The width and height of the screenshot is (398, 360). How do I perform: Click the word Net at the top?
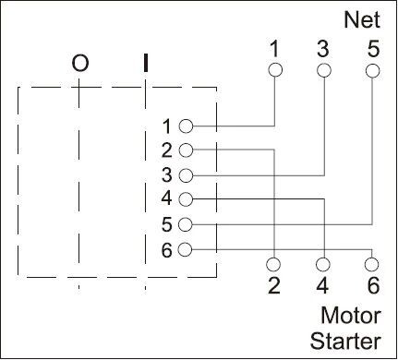point(361,18)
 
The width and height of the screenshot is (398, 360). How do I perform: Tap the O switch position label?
point(80,64)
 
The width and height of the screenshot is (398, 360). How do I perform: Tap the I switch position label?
point(145,64)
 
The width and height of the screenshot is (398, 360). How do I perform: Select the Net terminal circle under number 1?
point(274,70)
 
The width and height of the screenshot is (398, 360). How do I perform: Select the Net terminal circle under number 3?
point(323,70)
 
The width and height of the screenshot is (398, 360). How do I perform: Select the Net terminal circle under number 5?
point(372,70)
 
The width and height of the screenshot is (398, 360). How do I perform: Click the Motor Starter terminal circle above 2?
point(274,262)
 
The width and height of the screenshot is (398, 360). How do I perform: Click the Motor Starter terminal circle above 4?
point(323,262)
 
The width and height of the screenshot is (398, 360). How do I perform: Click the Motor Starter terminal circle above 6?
point(372,262)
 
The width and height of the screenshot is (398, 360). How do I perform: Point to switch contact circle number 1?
point(186,126)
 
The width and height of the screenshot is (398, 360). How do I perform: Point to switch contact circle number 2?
point(186,150)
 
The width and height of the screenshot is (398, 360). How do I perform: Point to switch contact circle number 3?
point(186,174)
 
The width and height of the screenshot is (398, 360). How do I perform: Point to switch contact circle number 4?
point(186,199)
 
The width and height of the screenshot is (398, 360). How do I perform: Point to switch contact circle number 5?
point(186,224)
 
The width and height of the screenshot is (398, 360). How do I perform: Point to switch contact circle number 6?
point(186,249)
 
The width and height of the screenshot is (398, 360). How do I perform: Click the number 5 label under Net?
point(372,49)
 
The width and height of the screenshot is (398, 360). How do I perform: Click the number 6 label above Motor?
point(372,285)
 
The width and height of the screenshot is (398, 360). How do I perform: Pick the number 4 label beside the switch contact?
point(166,199)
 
